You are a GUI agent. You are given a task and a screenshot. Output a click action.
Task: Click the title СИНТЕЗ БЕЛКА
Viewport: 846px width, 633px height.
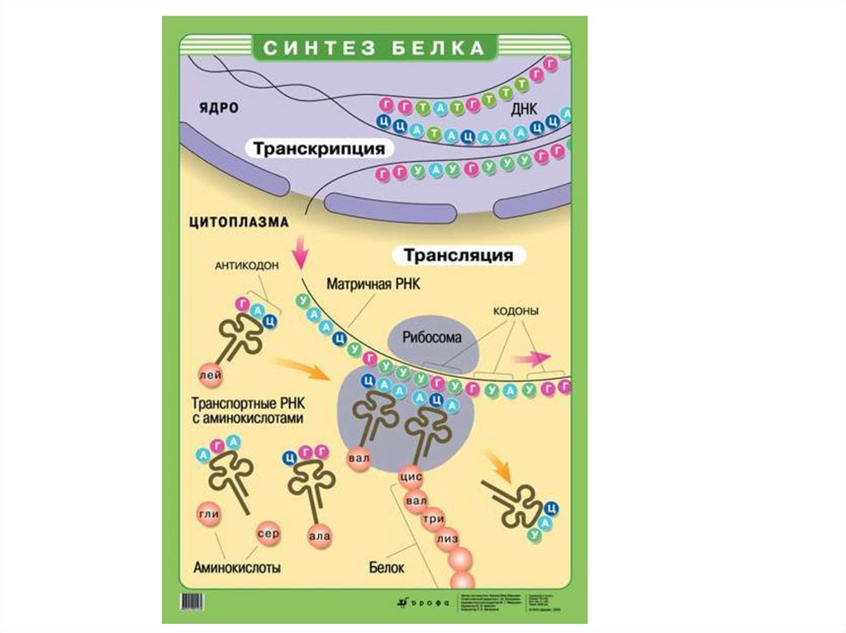pyautogui.click(x=373, y=48)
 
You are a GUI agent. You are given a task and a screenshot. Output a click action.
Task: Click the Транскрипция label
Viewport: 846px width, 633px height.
pyautogui.click(x=318, y=149)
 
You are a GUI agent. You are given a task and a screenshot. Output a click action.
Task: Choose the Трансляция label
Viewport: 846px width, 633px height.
pyautogui.click(x=458, y=255)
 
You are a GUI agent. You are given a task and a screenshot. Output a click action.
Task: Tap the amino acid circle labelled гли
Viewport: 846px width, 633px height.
pyautogui.click(x=207, y=514)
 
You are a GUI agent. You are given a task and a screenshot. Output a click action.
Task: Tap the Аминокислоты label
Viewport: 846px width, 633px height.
pyautogui.click(x=236, y=568)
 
